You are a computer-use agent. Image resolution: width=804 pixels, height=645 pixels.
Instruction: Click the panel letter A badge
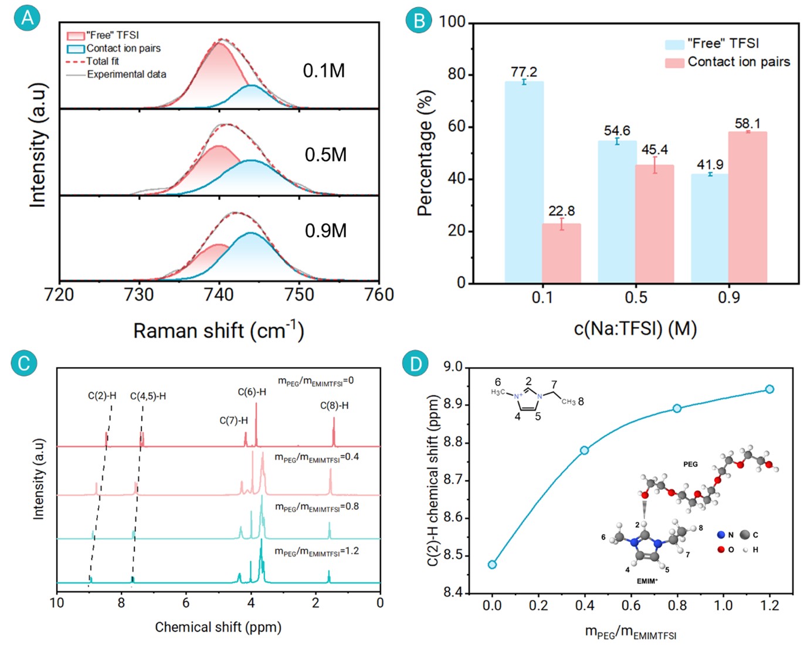pyautogui.click(x=27, y=18)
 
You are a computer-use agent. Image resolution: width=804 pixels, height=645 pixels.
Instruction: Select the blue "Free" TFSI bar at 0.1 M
pyautogui.click(x=524, y=182)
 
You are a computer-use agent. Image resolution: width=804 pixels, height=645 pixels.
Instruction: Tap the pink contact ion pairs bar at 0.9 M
pyautogui.click(x=748, y=208)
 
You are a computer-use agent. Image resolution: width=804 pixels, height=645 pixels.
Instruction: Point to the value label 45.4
pyautogui.click(x=654, y=150)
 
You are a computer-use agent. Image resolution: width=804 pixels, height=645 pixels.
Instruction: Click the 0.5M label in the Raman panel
pyautogui.click(x=325, y=155)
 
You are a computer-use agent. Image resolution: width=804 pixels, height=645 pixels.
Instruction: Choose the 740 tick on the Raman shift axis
pyautogui.click(x=219, y=294)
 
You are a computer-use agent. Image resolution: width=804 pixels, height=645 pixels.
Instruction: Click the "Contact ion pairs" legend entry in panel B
pyautogui.click(x=738, y=62)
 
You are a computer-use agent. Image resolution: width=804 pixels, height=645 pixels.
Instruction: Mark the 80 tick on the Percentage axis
pyautogui.click(x=456, y=74)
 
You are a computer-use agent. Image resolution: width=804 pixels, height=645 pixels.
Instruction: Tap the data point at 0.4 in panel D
pyautogui.click(x=584, y=450)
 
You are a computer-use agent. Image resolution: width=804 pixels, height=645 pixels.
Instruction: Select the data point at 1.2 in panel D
pyautogui.click(x=769, y=389)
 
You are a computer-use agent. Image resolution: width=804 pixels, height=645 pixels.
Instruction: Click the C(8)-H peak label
pyautogui.click(x=334, y=406)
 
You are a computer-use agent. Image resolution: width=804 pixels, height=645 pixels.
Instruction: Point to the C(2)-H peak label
pyautogui.click(x=102, y=396)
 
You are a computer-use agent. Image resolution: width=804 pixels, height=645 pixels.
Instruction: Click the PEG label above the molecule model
pyautogui.click(x=690, y=464)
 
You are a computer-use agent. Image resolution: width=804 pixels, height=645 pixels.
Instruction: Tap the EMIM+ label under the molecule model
pyautogui.click(x=647, y=581)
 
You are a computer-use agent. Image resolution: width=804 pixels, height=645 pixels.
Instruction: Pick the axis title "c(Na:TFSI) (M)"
pyautogui.click(x=635, y=328)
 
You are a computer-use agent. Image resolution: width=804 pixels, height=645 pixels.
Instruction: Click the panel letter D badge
pyautogui.click(x=415, y=364)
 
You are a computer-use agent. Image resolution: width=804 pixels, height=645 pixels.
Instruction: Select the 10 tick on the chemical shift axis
pyautogui.click(x=57, y=603)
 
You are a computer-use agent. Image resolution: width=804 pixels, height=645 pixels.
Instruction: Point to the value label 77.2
pyautogui.click(x=524, y=72)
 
